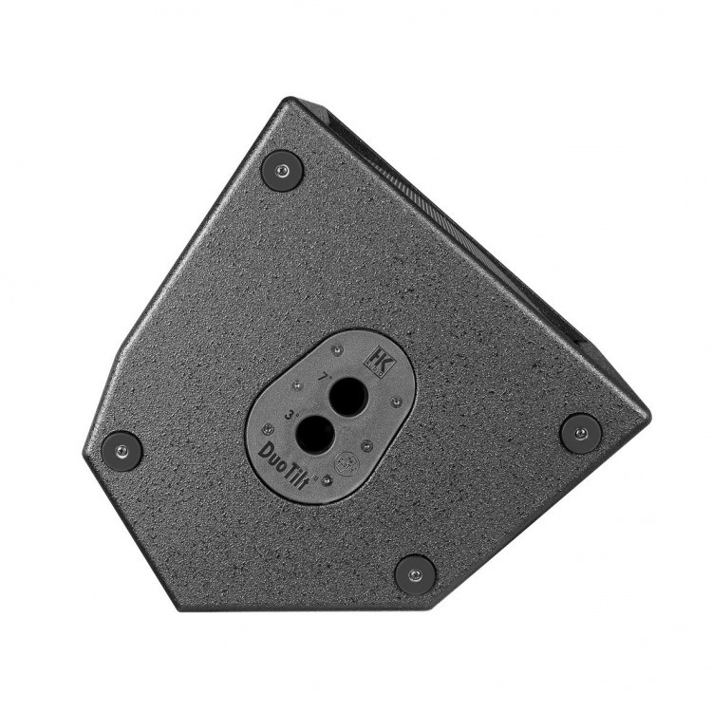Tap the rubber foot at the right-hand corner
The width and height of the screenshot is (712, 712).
(580, 432)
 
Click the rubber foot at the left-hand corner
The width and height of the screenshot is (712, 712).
(122, 449)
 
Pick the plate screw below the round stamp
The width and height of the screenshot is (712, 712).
(327, 481)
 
